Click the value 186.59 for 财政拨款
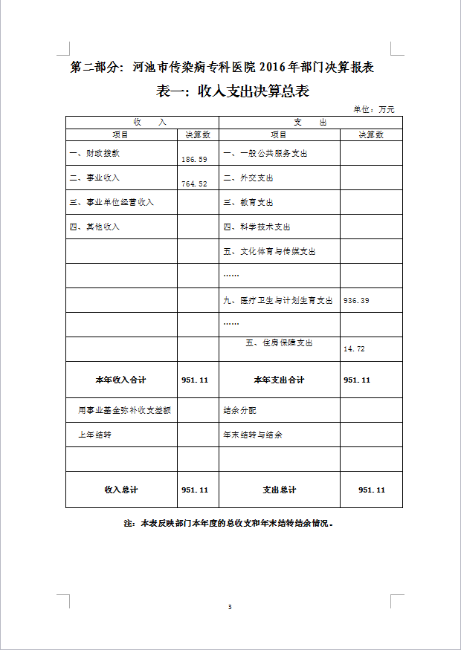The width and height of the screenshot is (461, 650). pos(194,160)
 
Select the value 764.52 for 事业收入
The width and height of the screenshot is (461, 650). pos(194,183)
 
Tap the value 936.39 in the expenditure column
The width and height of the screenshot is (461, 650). pos(357,301)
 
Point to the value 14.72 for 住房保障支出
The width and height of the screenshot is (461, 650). pos(354,348)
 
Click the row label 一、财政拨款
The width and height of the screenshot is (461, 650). pos(94,154)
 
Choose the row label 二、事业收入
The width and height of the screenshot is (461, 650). pos(94,178)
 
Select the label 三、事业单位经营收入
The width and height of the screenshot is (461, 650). pos(112,202)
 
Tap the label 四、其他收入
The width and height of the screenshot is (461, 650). pos(94,227)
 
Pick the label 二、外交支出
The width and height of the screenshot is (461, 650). pos(248,178)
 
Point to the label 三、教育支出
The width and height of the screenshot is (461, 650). pos(248,202)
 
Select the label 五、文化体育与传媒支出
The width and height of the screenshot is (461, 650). pos(269,252)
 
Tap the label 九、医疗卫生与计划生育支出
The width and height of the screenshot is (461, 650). pos(278,301)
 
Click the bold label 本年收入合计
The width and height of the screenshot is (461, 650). pos(120,380)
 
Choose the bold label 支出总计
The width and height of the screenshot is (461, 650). pos(279,490)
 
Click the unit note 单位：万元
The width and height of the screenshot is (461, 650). pos(374,109)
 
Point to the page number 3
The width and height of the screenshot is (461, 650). pos(230,608)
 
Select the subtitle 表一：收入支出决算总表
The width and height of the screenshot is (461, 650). pos(233,92)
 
